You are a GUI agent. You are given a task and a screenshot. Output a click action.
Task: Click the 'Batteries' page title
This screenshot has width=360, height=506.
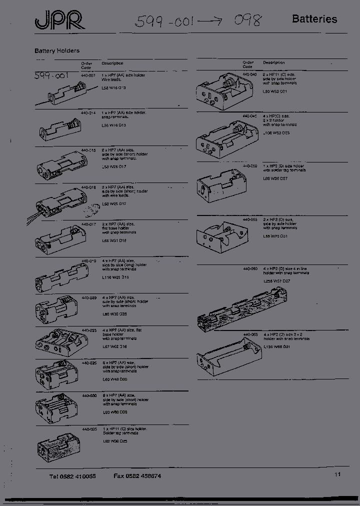314,19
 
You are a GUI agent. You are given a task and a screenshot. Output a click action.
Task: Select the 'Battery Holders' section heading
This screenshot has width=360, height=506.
57,51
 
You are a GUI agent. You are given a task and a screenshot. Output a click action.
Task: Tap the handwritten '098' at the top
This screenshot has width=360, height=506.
247,21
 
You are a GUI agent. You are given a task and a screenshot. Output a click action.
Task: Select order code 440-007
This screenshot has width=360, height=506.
88,75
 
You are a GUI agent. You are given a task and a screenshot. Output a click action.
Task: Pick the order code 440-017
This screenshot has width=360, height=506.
88,224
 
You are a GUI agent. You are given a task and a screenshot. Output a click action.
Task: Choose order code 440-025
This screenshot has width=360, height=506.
89,362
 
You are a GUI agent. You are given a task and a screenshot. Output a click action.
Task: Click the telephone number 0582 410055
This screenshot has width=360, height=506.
72,476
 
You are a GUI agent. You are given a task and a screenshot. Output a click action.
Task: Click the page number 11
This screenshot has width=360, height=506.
337,474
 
